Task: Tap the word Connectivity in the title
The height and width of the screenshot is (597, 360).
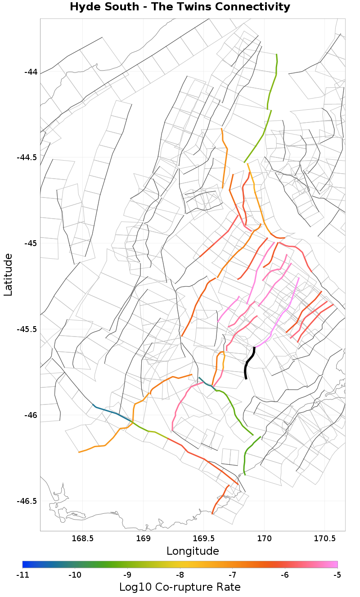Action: [256, 7]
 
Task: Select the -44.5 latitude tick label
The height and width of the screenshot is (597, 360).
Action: [27, 157]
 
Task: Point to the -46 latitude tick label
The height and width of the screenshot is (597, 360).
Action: [30, 415]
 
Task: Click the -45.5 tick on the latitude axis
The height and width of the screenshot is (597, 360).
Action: [27, 329]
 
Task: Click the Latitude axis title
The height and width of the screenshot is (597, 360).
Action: [8, 274]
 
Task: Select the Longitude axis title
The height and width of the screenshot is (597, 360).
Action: [193, 551]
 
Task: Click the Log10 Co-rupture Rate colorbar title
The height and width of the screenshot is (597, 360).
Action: [180, 587]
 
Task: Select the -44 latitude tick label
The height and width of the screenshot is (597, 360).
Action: [30, 72]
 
